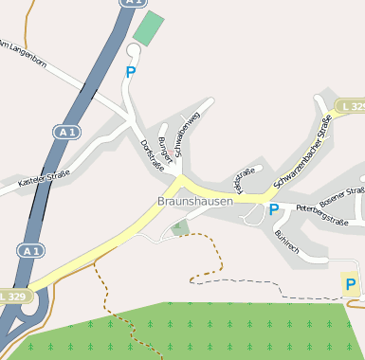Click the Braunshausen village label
194,202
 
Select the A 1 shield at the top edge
130,3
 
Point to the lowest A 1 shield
29,251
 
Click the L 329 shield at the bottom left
12,297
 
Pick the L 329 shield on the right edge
352,104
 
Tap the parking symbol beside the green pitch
131,71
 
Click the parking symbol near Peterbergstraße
274,209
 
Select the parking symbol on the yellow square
351,284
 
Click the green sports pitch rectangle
148,27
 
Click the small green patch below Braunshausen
179,226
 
